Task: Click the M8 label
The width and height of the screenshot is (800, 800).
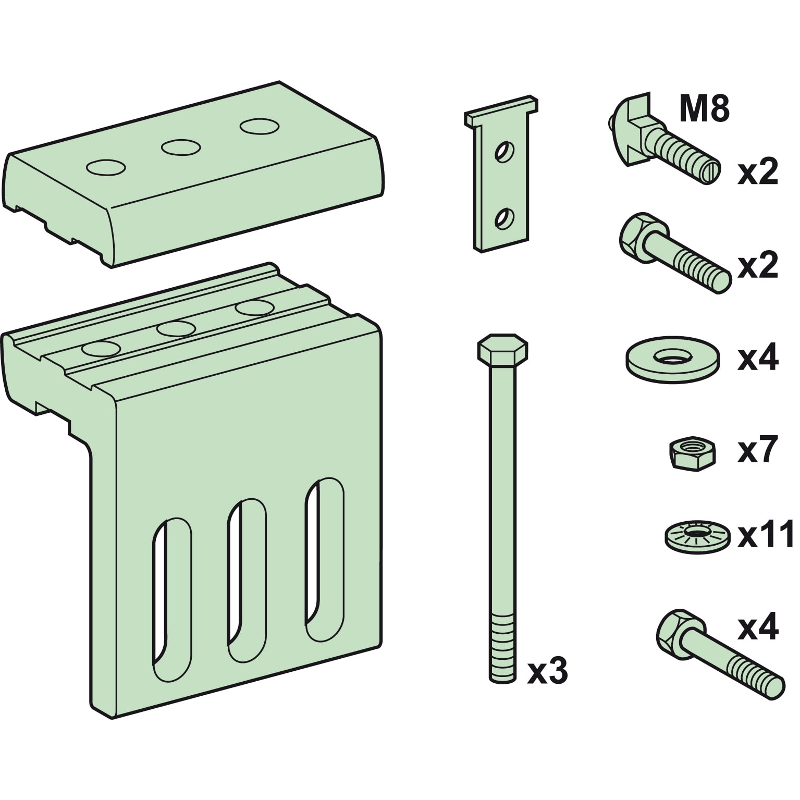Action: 704,110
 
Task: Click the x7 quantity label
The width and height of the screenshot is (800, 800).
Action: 758,450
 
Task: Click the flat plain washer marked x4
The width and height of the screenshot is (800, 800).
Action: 673,359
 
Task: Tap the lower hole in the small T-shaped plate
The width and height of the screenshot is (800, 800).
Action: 504,218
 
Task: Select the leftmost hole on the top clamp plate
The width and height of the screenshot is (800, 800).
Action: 106,167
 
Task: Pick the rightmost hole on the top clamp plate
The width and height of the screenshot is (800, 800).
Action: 259,127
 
